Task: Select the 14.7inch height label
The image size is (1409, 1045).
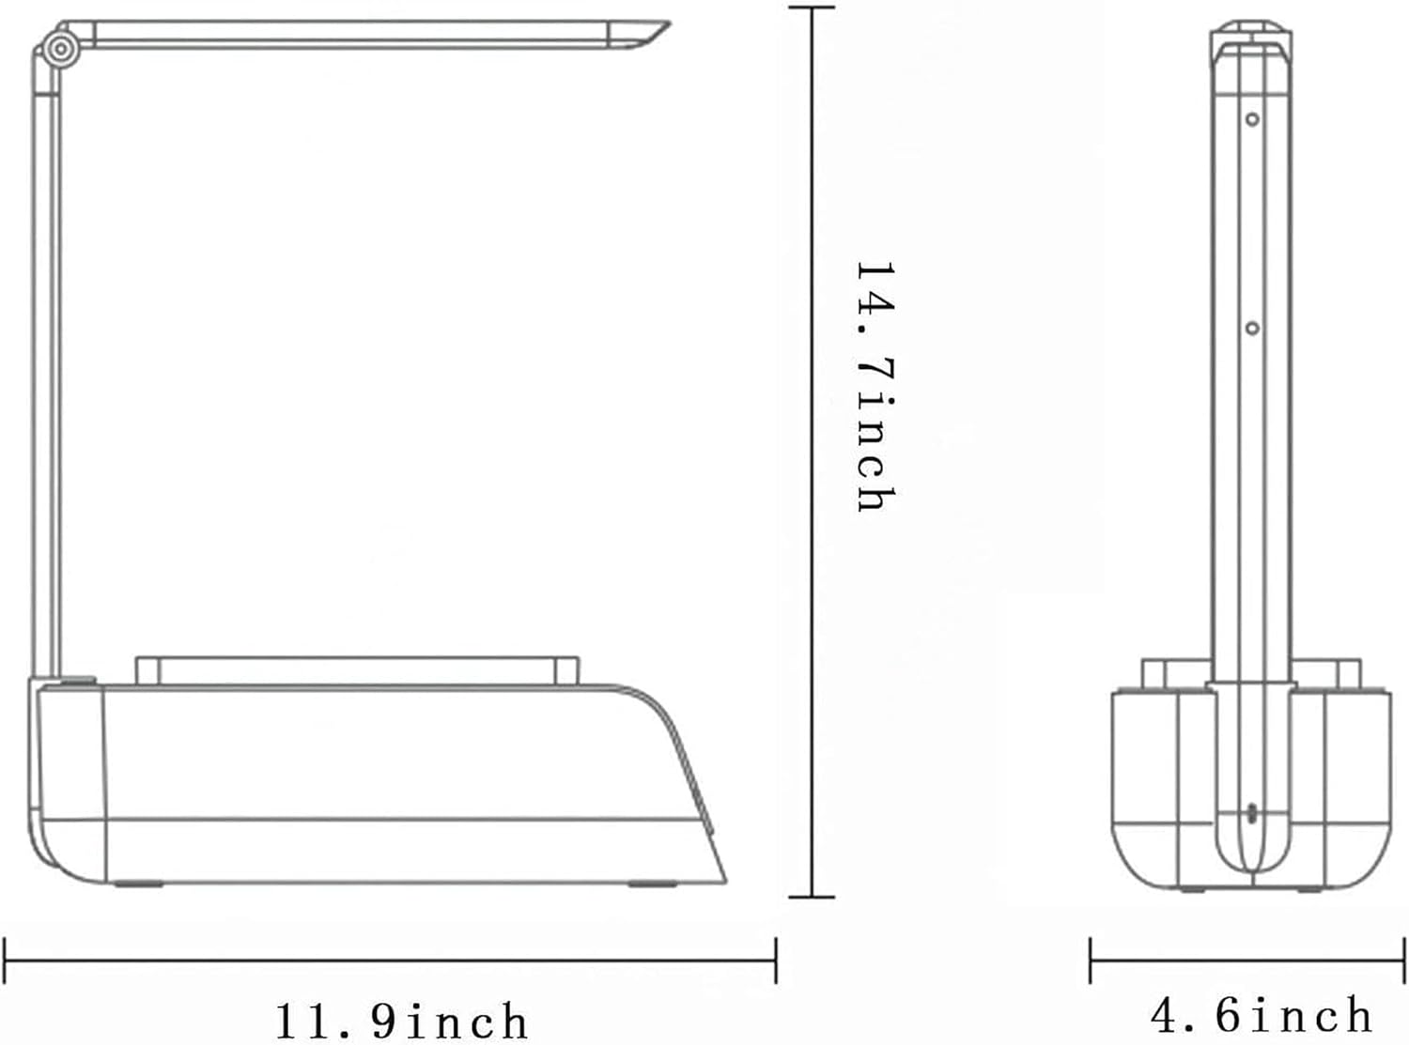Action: click(x=875, y=387)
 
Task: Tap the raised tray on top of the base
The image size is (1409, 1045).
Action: click(x=357, y=670)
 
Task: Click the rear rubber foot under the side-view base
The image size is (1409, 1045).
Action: click(x=137, y=884)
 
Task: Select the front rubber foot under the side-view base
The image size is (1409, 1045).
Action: click(x=655, y=884)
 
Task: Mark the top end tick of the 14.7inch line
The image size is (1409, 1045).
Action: click(x=812, y=8)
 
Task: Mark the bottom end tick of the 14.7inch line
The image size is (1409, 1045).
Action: click(x=812, y=897)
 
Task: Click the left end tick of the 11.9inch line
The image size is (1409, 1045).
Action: click(x=6, y=960)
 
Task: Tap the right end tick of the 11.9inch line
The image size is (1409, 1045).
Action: click(x=775, y=960)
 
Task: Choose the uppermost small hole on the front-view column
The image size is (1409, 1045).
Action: click(x=1252, y=119)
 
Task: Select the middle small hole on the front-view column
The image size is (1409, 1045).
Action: click(x=1252, y=328)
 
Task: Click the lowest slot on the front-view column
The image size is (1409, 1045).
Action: click(x=1251, y=812)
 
